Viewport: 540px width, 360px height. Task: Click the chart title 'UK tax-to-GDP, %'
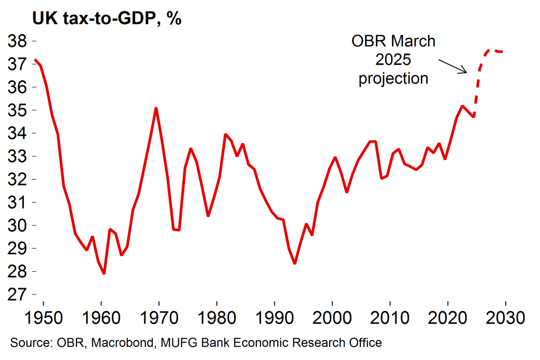(x=107, y=19)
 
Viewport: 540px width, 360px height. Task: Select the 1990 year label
(x=275, y=319)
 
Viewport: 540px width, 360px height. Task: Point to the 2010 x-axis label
(x=390, y=319)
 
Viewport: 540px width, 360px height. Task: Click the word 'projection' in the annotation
(x=393, y=79)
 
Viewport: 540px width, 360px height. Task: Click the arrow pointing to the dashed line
(x=453, y=66)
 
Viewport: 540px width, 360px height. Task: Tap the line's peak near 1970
(x=156, y=108)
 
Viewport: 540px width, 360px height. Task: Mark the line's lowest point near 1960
(x=104, y=273)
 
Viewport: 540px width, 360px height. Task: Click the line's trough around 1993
(x=295, y=263)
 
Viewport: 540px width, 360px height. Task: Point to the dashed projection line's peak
(x=490, y=49)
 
